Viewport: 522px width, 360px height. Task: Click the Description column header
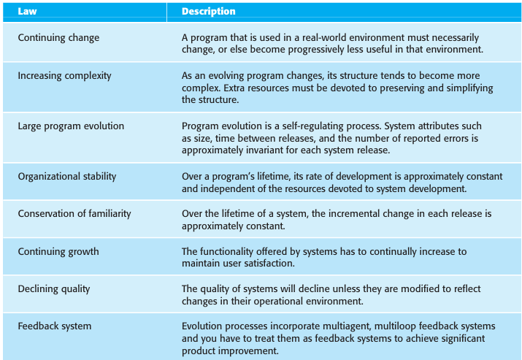tap(209, 12)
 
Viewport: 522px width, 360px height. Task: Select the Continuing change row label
tap(58, 37)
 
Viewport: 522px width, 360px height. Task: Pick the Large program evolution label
tap(71, 126)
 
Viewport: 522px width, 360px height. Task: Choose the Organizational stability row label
tap(67, 176)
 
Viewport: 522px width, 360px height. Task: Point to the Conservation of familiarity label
tap(74, 213)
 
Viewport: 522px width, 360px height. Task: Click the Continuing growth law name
tap(58, 251)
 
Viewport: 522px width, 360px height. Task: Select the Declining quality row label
tap(54, 288)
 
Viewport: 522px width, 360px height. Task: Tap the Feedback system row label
tap(55, 326)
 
